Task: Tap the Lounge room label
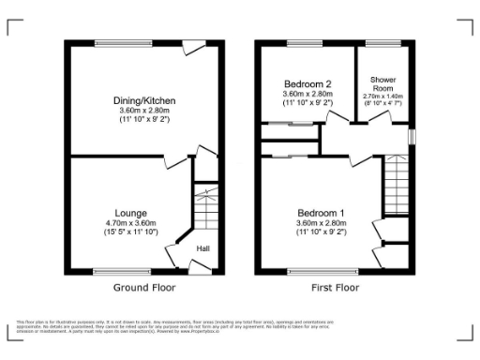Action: pos(130,213)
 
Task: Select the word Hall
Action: pos(202,248)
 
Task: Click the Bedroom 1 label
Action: pos(322,213)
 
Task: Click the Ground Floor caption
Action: pos(144,288)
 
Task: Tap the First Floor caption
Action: pos(335,288)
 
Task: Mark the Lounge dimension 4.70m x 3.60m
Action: pos(130,223)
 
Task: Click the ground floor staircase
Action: pos(204,205)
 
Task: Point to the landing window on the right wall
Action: pos(411,137)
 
